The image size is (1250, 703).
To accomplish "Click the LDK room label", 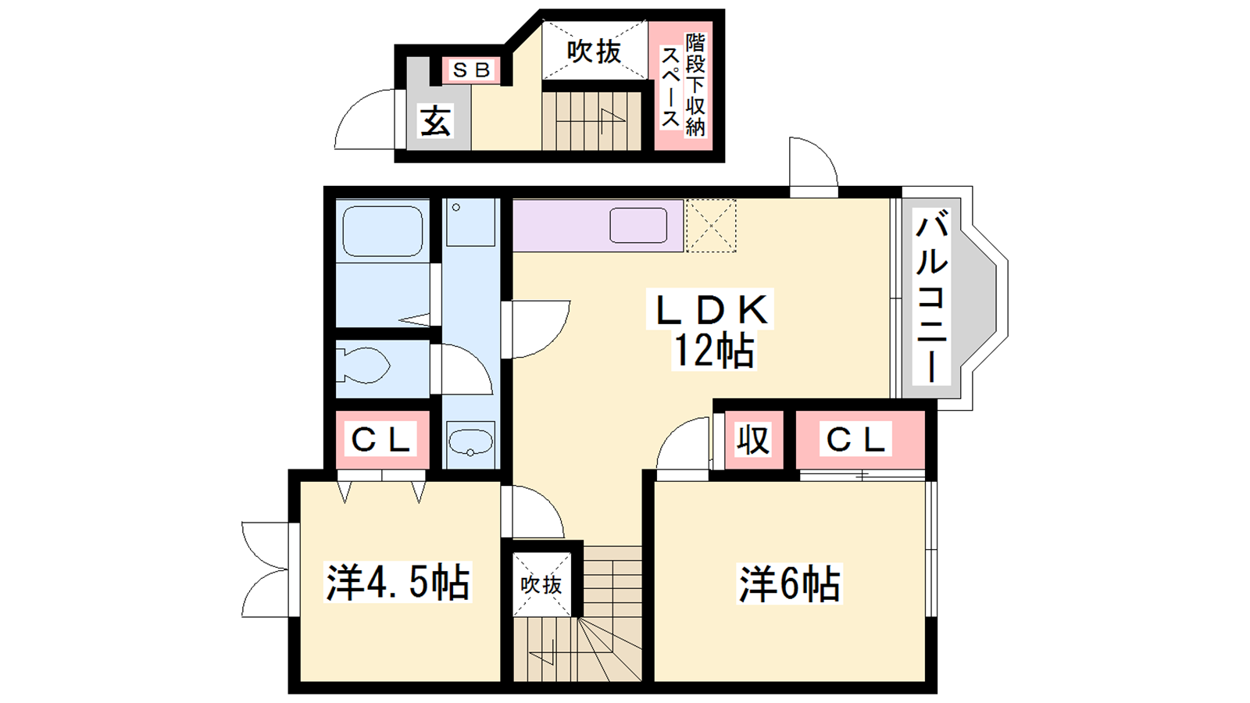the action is [710, 309].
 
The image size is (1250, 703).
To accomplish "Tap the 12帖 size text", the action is [713, 351].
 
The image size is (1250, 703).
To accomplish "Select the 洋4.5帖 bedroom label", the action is [398, 583].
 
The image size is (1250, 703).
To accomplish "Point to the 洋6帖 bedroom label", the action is [789, 583].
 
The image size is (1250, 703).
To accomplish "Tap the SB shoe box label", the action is [472, 70].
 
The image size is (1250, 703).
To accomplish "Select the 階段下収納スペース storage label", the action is [684, 85].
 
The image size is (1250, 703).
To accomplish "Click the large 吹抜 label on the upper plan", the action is [594, 52].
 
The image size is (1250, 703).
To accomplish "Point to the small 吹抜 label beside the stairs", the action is [541, 585].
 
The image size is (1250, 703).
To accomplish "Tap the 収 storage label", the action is [753, 440].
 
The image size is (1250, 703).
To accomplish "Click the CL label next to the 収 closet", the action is [855, 440].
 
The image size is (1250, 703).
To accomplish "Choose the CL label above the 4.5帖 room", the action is [381, 440].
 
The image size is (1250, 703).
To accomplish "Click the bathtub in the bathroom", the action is [382, 231].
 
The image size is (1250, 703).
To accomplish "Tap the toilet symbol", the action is [362, 366].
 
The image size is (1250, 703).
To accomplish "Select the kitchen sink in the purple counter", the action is [638, 226].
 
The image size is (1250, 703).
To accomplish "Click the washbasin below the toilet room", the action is [470, 443].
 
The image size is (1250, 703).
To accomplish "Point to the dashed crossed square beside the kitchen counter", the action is [710, 226].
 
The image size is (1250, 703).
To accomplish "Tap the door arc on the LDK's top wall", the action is [823, 151].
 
